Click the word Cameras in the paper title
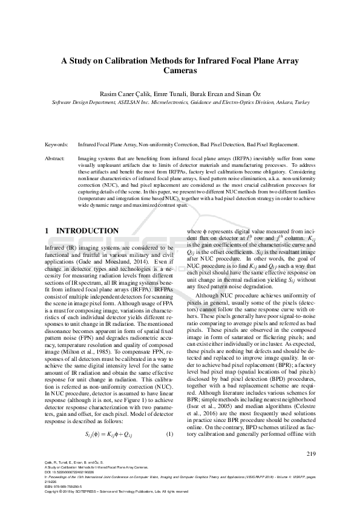[180, 70]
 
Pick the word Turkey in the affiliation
[303, 103]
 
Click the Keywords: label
[56, 145]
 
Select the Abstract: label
[55, 157]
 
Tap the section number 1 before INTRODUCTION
[48, 231]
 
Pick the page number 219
[311, 453]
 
